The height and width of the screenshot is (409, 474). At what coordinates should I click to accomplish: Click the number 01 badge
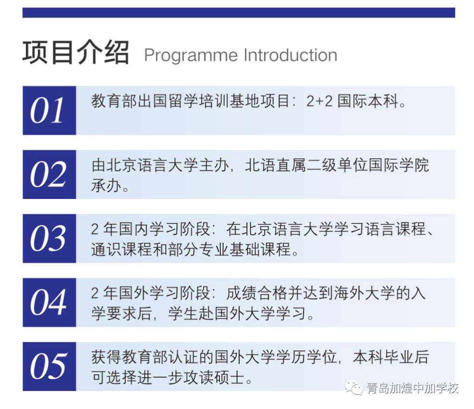pyautogui.click(x=49, y=110)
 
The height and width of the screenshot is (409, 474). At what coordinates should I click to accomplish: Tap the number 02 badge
pyautogui.click(x=49, y=174)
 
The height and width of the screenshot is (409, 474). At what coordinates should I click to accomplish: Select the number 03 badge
pyautogui.click(x=49, y=238)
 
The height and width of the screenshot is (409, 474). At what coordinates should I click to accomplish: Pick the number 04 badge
pyautogui.click(x=49, y=303)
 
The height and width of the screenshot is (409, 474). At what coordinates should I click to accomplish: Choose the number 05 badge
pyautogui.click(x=49, y=366)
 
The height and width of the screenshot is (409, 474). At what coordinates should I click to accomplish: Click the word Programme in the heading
pyautogui.click(x=191, y=56)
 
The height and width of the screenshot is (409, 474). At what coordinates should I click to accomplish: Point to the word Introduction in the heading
pyautogui.click(x=291, y=55)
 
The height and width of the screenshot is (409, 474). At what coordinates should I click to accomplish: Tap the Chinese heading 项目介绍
pyautogui.click(x=76, y=52)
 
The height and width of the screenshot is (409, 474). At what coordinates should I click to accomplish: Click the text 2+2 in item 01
pyautogui.click(x=319, y=101)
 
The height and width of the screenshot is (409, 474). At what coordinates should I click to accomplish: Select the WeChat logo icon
pyautogui.click(x=354, y=387)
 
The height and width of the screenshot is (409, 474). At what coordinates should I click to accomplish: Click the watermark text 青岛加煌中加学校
pyautogui.click(x=412, y=388)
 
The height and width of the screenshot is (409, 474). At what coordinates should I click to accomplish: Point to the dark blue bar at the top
pyautogui.click(x=239, y=12)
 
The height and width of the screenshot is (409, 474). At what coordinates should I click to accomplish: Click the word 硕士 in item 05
pyautogui.click(x=229, y=378)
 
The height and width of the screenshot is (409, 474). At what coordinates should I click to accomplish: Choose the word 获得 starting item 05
pyautogui.click(x=106, y=357)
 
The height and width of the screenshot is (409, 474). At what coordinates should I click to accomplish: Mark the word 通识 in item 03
pyautogui.click(x=106, y=249)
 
